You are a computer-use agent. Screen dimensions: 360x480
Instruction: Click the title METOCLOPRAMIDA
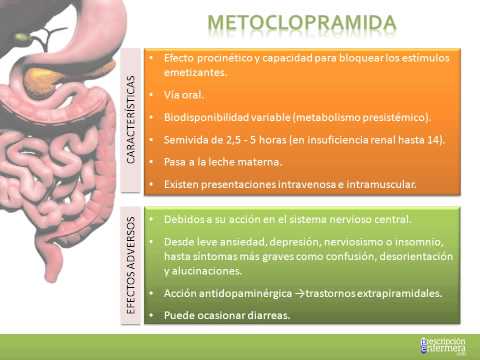tap(300, 21)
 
